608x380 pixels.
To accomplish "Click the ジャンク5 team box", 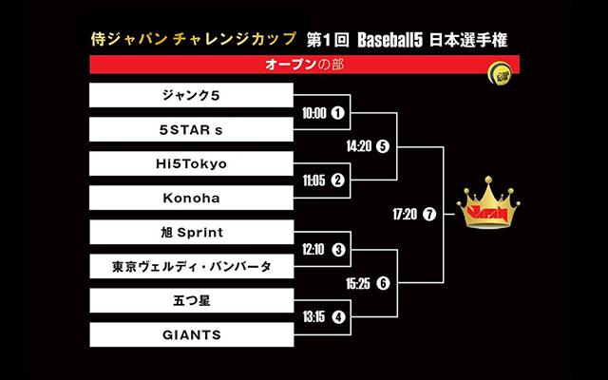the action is click(191, 95).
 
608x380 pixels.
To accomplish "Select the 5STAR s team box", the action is click(191, 129).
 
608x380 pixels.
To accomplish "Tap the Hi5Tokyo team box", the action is click(191, 163).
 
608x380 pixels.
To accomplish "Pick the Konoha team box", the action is click(191, 198).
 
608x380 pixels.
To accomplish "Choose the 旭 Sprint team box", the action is click(192, 232).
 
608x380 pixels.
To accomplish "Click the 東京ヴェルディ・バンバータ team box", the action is click(192, 266).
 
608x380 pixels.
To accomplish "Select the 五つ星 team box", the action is click(192, 300).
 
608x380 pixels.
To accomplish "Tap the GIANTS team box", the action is click(192, 334).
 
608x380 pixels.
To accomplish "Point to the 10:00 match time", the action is click(314, 113).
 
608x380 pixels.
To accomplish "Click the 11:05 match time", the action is click(314, 180).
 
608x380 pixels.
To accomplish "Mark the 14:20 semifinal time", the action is click(359, 146).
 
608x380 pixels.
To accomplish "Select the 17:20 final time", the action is click(405, 214).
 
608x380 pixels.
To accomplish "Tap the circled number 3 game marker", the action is click(338, 249).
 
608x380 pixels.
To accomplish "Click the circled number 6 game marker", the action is click(383, 283).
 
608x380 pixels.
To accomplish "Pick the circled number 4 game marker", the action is click(338, 317).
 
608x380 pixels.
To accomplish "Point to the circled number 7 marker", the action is click(429, 214).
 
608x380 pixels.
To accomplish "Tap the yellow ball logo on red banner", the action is click(500, 73).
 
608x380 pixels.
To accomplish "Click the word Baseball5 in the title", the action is click(389, 40).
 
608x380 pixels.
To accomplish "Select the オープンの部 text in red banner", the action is click(304, 65).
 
